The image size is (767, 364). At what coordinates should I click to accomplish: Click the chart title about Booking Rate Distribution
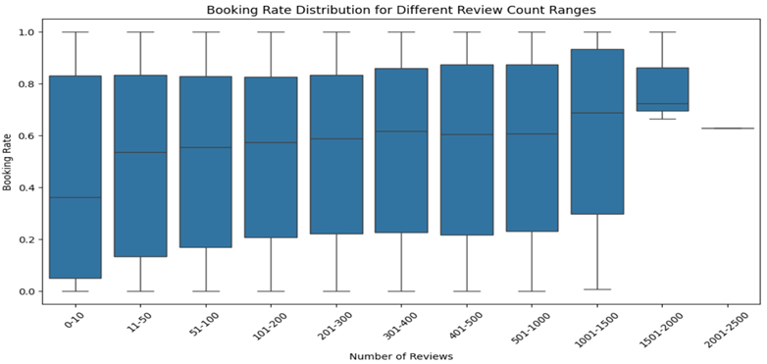[x=401, y=9]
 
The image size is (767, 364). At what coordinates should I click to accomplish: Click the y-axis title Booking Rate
[x=8, y=161]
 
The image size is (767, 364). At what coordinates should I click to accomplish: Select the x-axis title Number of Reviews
[x=401, y=355]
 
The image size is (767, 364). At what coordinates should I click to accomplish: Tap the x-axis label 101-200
[x=269, y=322]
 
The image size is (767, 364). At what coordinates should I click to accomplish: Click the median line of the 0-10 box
[x=75, y=197]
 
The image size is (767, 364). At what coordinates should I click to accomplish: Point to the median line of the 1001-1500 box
[x=596, y=113]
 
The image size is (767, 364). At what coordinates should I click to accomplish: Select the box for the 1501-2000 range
[x=662, y=88]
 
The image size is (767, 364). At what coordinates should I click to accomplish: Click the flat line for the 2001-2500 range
[x=727, y=128]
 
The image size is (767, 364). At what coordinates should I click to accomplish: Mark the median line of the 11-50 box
[x=140, y=152]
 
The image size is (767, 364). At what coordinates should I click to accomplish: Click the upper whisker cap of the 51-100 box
[x=205, y=31]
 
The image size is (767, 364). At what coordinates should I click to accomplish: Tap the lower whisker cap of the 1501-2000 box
[x=662, y=119]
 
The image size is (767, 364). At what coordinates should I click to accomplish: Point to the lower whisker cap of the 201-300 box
[x=335, y=290]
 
